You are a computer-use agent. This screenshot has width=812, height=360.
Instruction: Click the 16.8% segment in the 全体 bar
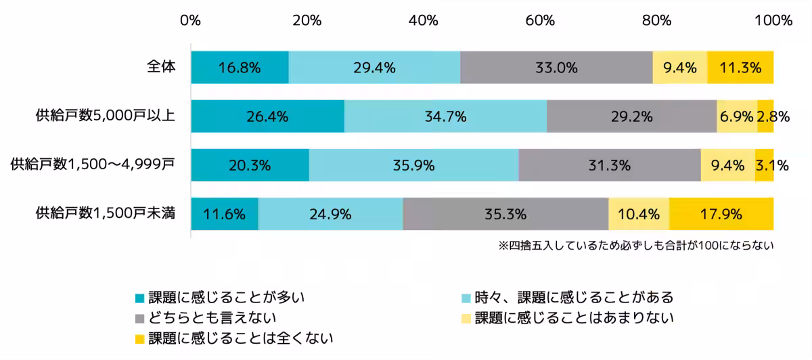240,68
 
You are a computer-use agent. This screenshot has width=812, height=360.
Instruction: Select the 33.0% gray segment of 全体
556,68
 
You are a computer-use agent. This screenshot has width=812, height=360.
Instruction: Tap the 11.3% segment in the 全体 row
740,68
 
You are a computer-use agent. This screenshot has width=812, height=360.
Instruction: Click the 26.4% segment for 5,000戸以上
267,116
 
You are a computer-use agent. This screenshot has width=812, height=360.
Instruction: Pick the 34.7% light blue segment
445,116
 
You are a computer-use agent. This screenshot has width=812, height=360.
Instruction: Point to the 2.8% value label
773,116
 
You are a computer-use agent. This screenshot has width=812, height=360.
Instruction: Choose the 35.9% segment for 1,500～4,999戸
413,165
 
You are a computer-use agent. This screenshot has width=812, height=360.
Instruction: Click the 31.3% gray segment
610,165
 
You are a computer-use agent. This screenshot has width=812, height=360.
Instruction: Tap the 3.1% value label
772,165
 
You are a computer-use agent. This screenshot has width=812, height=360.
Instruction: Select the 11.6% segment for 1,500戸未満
224,215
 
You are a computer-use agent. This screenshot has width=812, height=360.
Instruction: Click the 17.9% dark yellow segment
721,215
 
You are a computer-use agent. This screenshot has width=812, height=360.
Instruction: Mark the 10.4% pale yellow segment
639,215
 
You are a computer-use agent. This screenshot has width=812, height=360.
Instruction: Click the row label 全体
162,67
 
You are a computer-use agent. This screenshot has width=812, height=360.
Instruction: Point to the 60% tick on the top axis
540,20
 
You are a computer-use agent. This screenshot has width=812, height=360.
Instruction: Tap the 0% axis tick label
191,20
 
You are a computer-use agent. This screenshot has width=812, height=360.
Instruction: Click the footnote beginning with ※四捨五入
635,246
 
